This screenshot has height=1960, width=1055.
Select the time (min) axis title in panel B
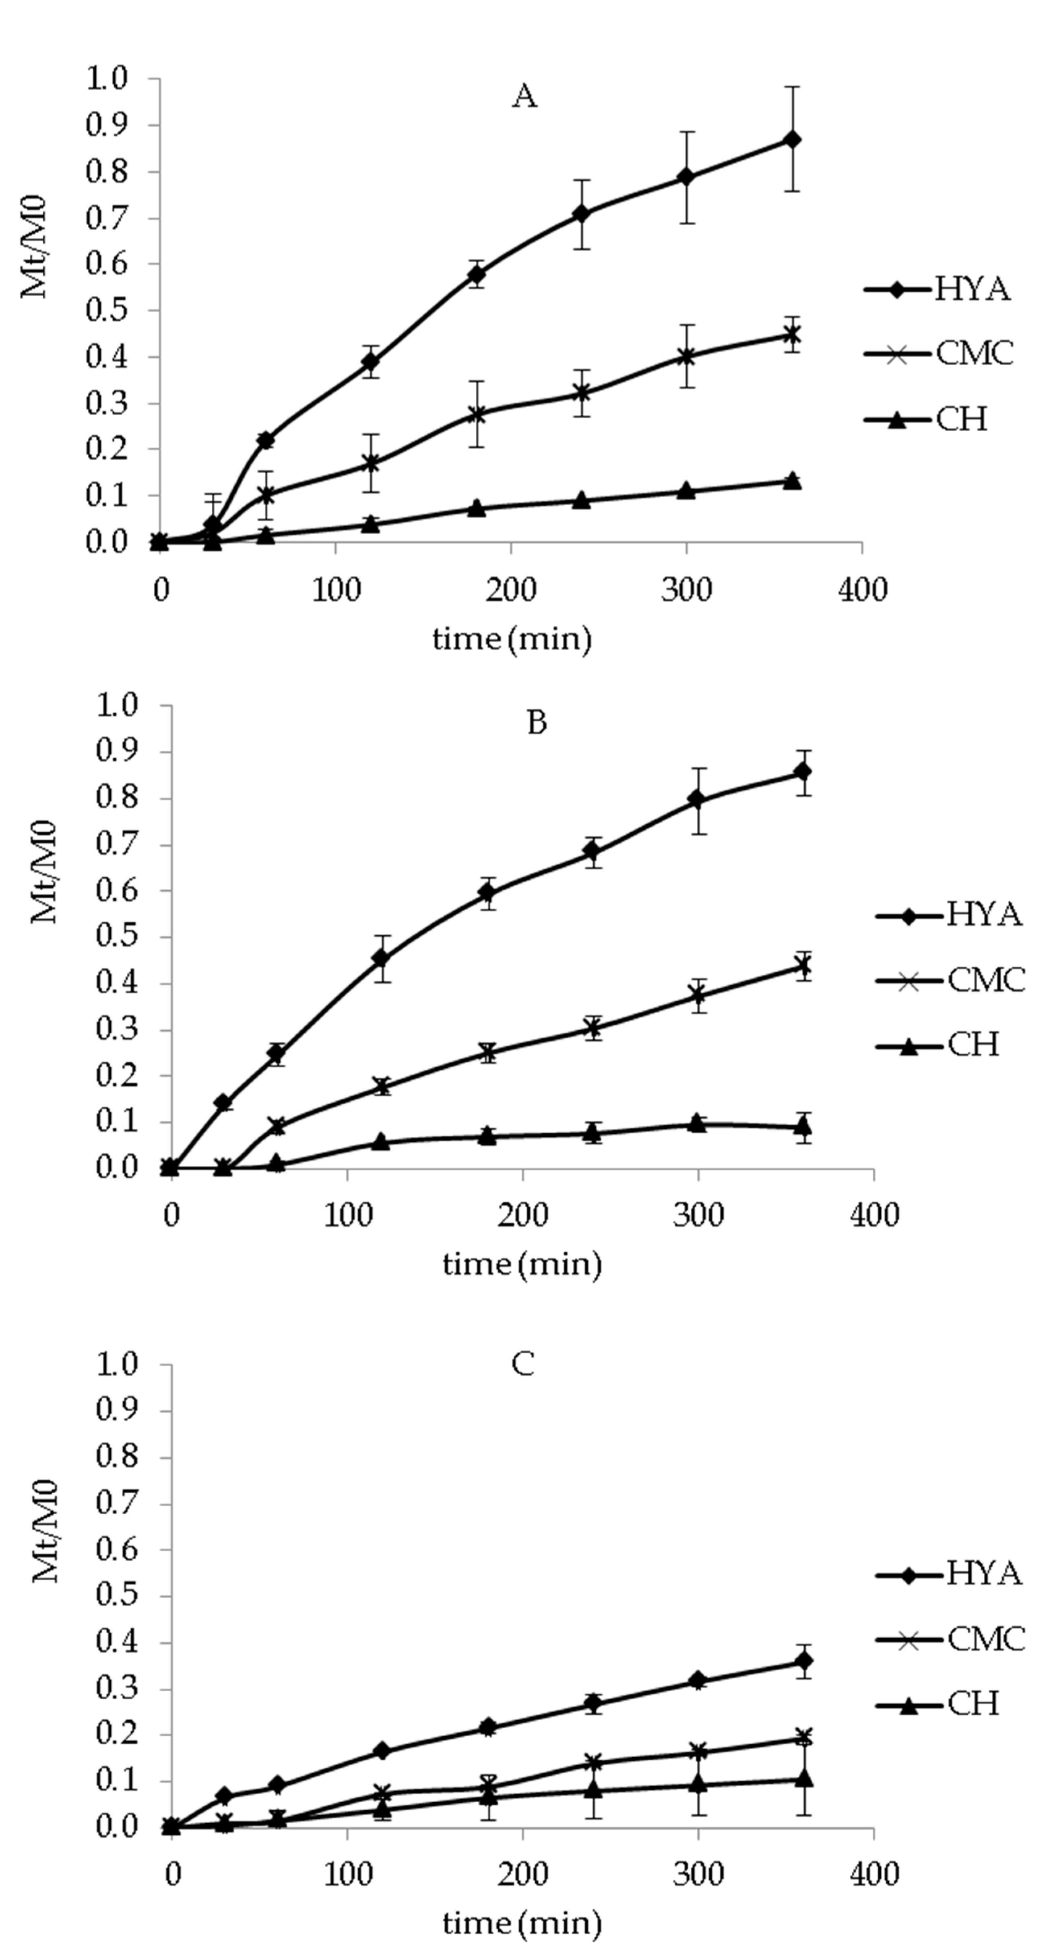pos(522,1264)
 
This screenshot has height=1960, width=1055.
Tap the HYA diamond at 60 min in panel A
pos(266,440)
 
